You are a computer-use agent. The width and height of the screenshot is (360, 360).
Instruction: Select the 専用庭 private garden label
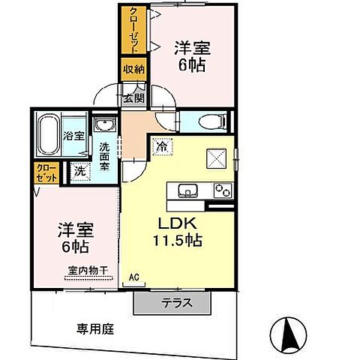(95, 328)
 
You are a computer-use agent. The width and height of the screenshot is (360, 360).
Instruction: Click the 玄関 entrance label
(133, 97)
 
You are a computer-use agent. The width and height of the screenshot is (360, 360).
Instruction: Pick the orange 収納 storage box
(133, 70)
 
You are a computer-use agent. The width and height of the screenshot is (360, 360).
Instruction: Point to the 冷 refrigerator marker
(161, 147)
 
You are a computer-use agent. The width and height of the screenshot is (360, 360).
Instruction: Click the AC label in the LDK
(134, 277)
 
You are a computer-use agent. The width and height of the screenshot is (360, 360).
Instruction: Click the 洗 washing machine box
(80, 171)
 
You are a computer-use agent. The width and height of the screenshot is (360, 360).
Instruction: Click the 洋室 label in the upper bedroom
(193, 46)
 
